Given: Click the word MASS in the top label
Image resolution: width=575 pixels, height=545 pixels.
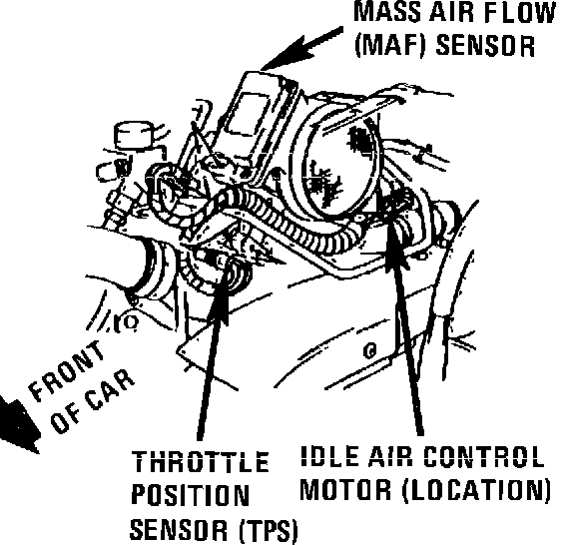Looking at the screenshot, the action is pyautogui.click(x=387, y=12).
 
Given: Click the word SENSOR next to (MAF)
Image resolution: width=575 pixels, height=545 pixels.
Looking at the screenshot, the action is pyautogui.click(x=485, y=46).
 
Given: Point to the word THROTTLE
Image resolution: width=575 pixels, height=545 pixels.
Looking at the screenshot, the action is pyautogui.click(x=200, y=461).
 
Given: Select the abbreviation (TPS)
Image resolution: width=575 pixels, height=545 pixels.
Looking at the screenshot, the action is pyautogui.click(x=269, y=530).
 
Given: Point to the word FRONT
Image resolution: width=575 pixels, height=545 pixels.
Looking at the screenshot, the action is pyautogui.click(x=66, y=370).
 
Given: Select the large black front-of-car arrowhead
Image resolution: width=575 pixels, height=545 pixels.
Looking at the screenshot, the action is pyautogui.click(x=18, y=423).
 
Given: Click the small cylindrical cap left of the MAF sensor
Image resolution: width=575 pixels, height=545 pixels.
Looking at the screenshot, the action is pyautogui.click(x=133, y=135).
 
